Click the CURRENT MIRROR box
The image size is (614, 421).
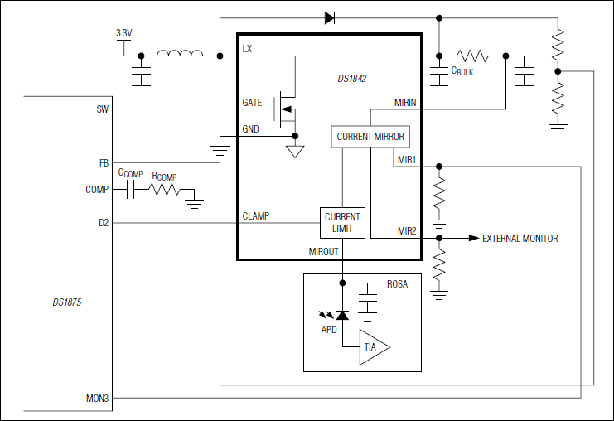pyautogui.click(x=370, y=137)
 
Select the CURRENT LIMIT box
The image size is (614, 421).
pyautogui.click(x=342, y=222)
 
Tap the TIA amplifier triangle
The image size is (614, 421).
pyautogui.click(x=373, y=347)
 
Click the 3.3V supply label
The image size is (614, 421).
pyautogui.click(x=123, y=33)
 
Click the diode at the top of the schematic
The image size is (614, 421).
pyautogui.click(x=329, y=17)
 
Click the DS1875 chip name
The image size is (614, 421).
pyautogui.click(x=67, y=302)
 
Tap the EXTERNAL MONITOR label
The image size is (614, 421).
pyautogui.click(x=520, y=239)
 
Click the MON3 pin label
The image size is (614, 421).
pyautogui.click(x=98, y=399)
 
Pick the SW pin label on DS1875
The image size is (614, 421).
pyautogui.click(x=102, y=109)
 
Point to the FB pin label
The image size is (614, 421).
pyautogui.click(x=104, y=162)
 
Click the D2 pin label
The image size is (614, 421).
pyautogui.click(x=103, y=223)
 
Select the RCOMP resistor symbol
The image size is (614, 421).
pyautogui.click(x=164, y=190)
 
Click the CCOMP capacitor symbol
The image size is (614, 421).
pyautogui.click(x=130, y=190)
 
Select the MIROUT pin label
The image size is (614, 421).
pyautogui.click(x=325, y=250)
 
